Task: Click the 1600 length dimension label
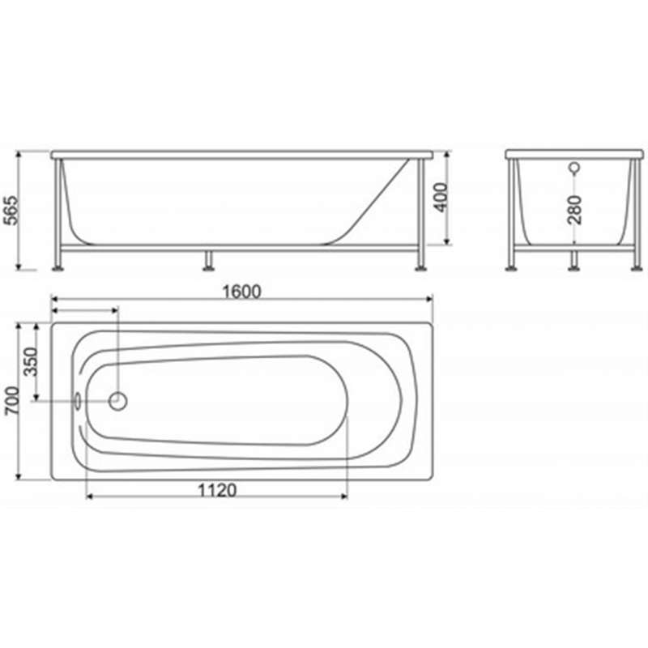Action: tap(241, 292)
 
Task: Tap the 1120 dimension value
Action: tap(217, 491)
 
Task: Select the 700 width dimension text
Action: tap(11, 401)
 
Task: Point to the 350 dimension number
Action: tap(30, 361)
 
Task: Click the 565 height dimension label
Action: tap(11, 211)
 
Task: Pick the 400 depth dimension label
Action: tap(441, 198)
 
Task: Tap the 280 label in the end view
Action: tap(574, 210)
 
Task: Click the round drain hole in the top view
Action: tap(117, 401)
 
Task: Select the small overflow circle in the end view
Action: tap(574, 168)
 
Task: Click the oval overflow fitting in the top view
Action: tap(77, 401)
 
